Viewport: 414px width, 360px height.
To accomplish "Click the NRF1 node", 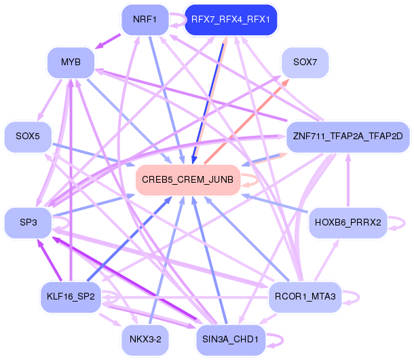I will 145,19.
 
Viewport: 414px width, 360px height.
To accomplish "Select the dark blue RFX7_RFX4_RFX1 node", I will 231,20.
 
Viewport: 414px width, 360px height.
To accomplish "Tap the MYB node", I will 71,62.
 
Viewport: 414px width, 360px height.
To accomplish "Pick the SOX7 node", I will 305,62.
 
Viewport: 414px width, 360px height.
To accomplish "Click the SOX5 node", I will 28,137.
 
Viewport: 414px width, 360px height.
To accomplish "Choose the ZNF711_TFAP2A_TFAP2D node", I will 347,137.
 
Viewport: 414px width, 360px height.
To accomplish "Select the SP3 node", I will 28,222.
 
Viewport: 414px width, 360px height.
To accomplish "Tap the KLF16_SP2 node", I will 71,296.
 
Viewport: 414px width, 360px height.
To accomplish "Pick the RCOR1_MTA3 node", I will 305,296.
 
